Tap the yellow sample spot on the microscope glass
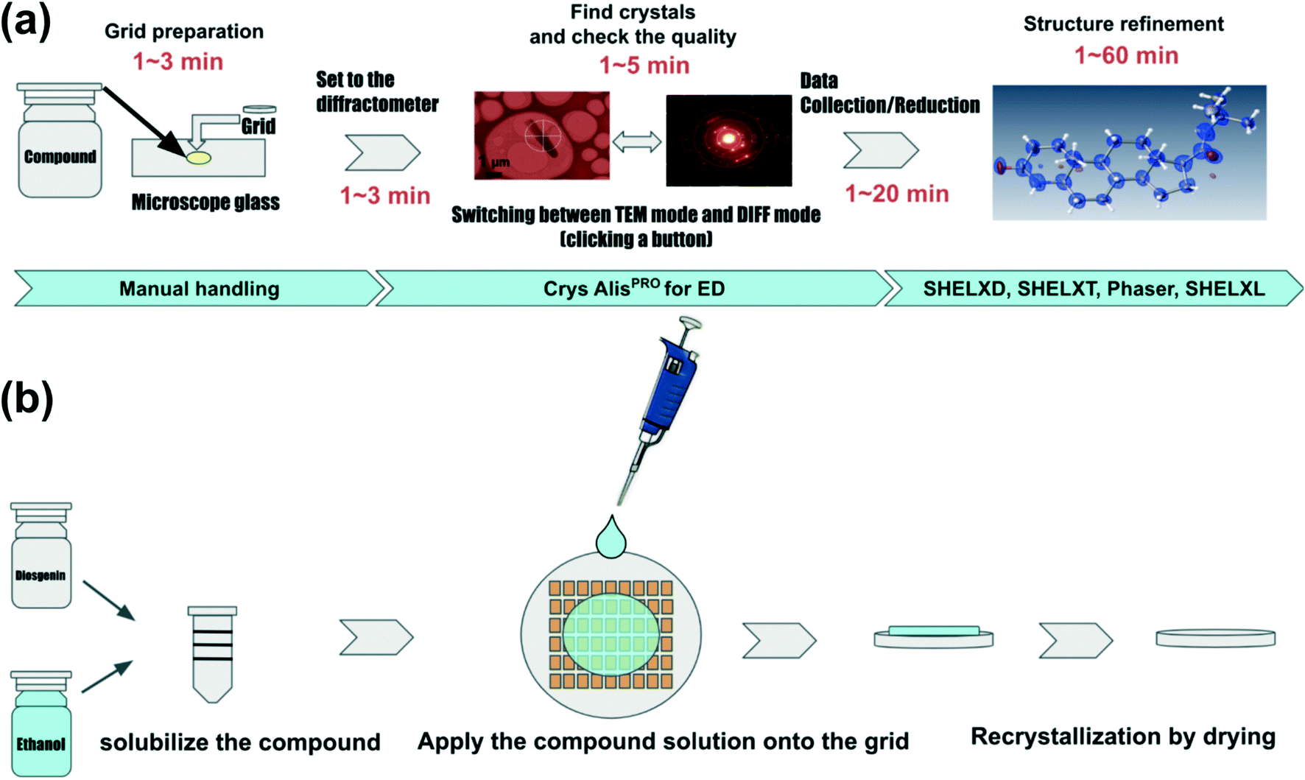click(x=198, y=158)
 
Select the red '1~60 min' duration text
click(x=1126, y=55)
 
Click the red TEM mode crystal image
click(x=541, y=136)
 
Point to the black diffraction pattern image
click(x=728, y=140)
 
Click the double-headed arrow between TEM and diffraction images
click(x=637, y=141)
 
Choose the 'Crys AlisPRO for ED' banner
click(x=633, y=289)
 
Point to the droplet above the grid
click(x=611, y=538)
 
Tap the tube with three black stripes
click(x=213, y=653)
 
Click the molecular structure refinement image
click(x=1128, y=152)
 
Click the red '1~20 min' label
click(x=896, y=194)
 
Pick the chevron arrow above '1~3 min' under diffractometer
click(x=383, y=152)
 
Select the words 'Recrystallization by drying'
click(x=1122, y=737)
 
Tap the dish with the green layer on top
click(x=933, y=637)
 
